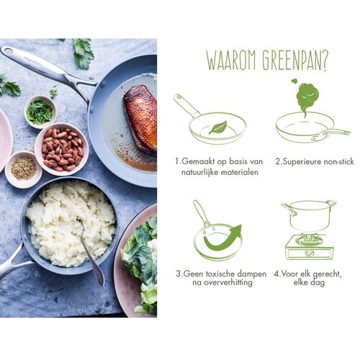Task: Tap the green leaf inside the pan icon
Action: pos(217,127)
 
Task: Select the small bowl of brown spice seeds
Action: pos(24,168)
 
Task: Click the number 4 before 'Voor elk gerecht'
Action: pos(276,274)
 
